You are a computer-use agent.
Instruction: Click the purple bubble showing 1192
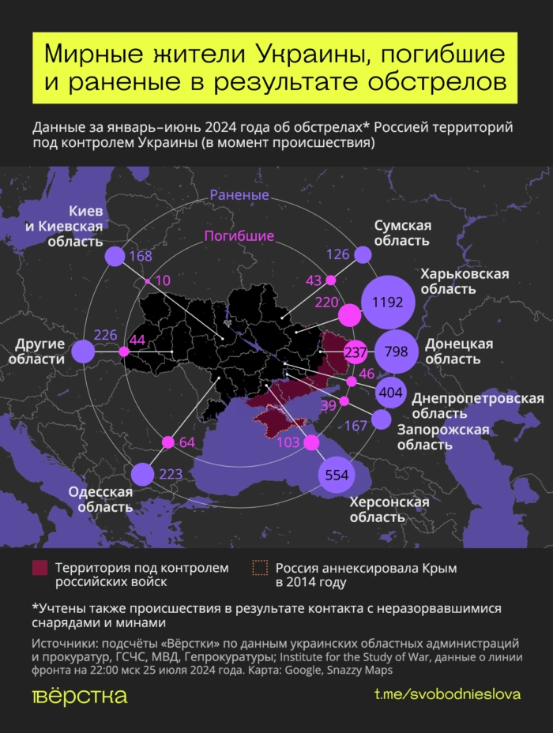click(x=388, y=302)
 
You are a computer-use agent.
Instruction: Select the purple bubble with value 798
click(x=397, y=351)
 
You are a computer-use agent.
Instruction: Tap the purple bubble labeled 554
click(x=337, y=475)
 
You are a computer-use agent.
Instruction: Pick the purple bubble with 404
click(x=391, y=392)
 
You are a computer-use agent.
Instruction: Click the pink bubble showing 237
click(x=356, y=352)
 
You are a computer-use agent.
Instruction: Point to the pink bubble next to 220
click(x=349, y=315)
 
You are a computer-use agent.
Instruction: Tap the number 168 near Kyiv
click(x=141, y=256)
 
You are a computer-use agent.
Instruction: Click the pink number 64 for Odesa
click(x=187, y=442)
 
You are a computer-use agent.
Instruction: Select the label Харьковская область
click(x=465, y=281)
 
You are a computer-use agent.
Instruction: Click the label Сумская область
click(x=402, y=233)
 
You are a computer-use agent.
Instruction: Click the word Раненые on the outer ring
click(x=239, y=195)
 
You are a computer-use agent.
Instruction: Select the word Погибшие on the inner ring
click(x=239, y=235)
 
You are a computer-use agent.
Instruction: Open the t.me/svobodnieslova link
click(x=447, y=695)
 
